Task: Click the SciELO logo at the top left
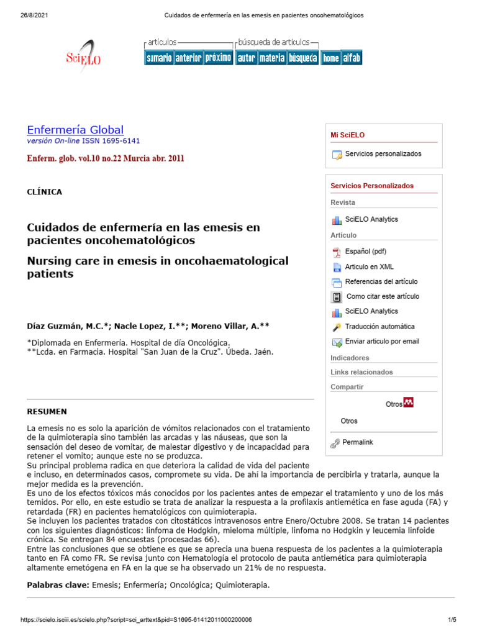83,57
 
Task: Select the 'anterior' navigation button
188,58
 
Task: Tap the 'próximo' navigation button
218,58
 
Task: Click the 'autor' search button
246,58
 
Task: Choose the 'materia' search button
272,58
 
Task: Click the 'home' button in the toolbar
330,58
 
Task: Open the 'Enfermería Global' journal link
75,130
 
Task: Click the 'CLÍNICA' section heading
45,192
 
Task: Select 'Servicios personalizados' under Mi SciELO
383,154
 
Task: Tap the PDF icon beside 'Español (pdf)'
337,252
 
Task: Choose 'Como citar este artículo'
383,296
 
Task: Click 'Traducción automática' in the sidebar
380,326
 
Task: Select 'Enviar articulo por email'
382,341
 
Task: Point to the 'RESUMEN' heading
47,412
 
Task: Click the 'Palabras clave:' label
58,585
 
